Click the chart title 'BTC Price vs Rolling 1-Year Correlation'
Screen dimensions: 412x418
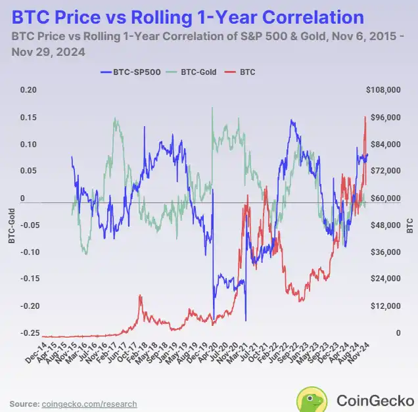(187, 17)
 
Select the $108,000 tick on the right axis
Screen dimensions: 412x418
(383, 90)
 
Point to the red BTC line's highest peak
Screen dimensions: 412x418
(365, 117)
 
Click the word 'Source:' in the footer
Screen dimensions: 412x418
(24, 403)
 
